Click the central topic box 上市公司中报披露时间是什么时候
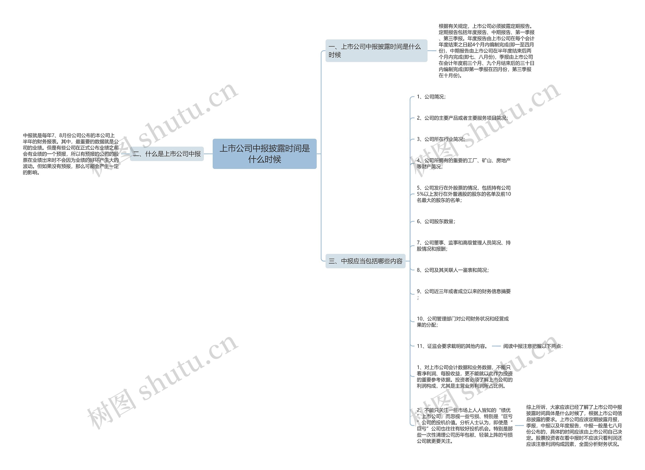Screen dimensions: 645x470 coord(264,154)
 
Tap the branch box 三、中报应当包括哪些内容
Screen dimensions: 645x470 coord(365,261)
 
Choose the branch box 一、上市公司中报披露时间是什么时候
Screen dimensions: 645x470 coord(376,51)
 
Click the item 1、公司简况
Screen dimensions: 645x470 coord(431,97)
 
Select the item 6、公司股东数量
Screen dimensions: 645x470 coord(436,221)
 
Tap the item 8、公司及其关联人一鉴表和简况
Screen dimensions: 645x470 coord(453,270)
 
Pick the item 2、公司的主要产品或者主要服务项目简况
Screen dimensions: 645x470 coord(462,118)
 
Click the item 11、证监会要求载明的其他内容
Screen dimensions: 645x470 coord(452,346)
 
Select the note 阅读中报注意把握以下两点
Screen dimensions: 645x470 coord(533,346)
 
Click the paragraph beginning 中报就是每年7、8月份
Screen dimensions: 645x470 coord(71,154)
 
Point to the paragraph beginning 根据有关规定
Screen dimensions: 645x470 coord(486,51)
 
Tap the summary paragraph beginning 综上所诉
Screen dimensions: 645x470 coord(574,426)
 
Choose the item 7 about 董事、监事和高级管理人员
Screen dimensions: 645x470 coord(464,246)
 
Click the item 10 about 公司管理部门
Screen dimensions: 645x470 coord(463,322)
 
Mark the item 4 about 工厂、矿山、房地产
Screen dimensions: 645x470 coord(464,164)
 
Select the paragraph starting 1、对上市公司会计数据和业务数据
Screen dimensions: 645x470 coord(464,377)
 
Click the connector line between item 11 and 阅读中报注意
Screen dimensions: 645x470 coord(496,346)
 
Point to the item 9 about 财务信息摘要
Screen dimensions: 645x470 coord(464,291)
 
